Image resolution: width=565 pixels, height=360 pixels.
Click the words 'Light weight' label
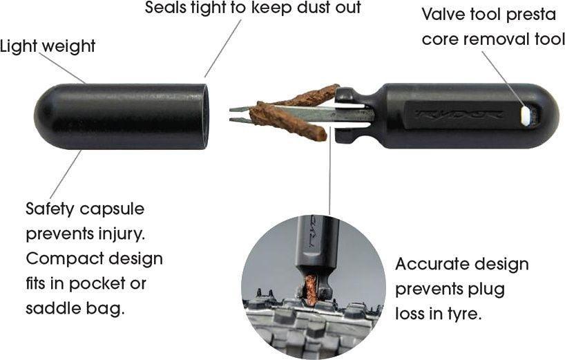[47, 47]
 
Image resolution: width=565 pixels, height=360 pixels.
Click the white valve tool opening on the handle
[526, 115]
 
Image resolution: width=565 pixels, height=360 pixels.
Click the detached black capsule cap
[117, 115]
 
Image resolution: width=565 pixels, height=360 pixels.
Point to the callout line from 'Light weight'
[62, 68]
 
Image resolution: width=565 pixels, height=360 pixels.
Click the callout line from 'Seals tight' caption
[223, 48]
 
